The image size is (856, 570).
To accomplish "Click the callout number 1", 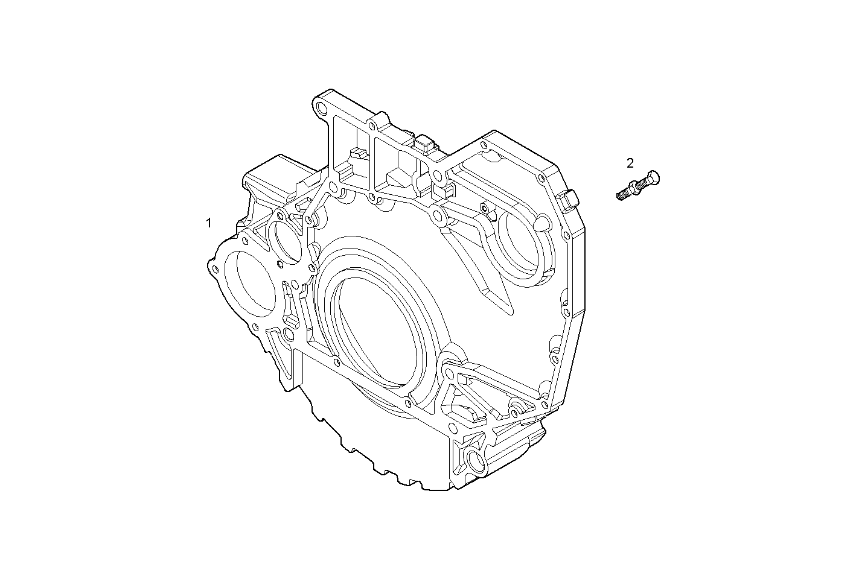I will point(209,223).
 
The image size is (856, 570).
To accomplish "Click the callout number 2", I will point(630,163).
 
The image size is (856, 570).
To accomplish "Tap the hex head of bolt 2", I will point(652,179).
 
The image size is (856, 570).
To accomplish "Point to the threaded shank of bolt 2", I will point(624,194).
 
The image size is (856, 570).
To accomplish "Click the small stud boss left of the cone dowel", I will point(484,208).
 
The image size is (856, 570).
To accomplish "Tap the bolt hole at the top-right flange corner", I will point(483,145).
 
